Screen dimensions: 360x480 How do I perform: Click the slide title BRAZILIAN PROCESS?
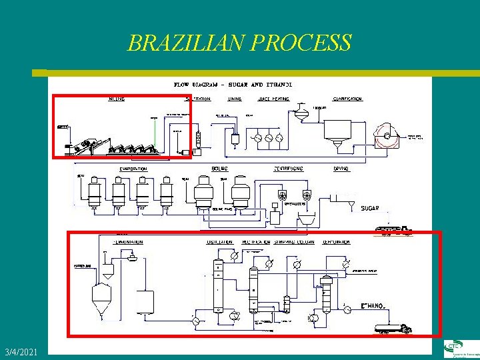pos(239,43)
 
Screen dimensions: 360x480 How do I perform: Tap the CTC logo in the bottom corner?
pos(461,349)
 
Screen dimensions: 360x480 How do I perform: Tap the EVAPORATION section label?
pos(133,169)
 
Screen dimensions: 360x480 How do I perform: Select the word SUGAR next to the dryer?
pos(370,208)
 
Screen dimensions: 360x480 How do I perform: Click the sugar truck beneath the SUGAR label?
pos(393,231)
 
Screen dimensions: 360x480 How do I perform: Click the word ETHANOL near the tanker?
pos(372,306)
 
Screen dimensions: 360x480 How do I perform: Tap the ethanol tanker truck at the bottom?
pos(393,327)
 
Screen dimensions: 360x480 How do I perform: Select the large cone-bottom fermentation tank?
pos(102,297)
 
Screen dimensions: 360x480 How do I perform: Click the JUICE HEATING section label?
pos(273,99)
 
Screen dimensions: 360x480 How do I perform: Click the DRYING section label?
pos(341,169)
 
